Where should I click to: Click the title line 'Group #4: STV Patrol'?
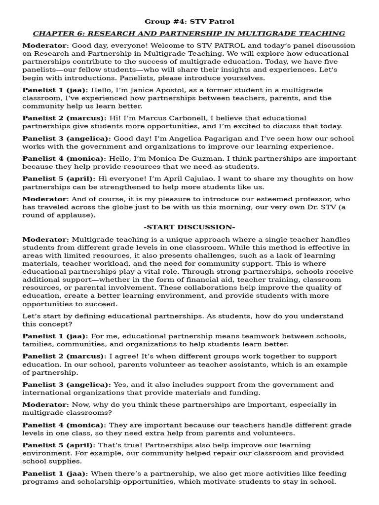(x=189, y=21)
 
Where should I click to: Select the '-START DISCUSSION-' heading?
(x=189, y=227)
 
